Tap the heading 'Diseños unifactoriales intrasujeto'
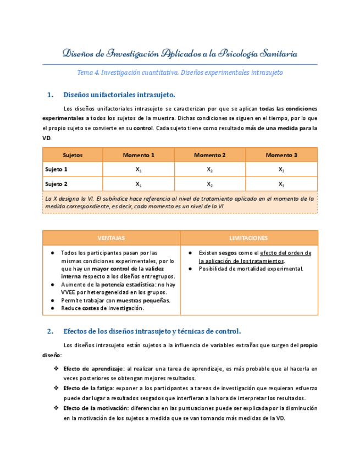pyautogui.click(x=119, y=95)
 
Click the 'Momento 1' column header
pyautogui.click(x=139, y=155)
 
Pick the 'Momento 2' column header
pyautogui.click(x=210, y=155)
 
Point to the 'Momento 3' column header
pyautogui.click(x=281, y=155)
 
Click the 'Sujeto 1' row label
pyautogui.click(x=57, y=169)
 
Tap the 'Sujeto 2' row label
pyautogui.click(x=57, y=184)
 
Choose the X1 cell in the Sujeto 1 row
pyautogui.click(x=139, y=170)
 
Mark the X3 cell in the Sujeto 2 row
pyautogui.click(x=281, y=184)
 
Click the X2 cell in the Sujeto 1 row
pyautogui.click(x=210, y=170)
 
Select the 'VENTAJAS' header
pyautogui.click(x=111, y=238)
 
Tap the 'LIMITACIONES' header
pyautogui.click(x=248, y=238)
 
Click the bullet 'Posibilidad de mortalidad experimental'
pyautogui.click(x=251, y=269)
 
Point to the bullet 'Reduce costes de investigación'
pyautogui.click(x=102, y=308)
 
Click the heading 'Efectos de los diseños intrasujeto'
pyautogui.click(x=152, y=331)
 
